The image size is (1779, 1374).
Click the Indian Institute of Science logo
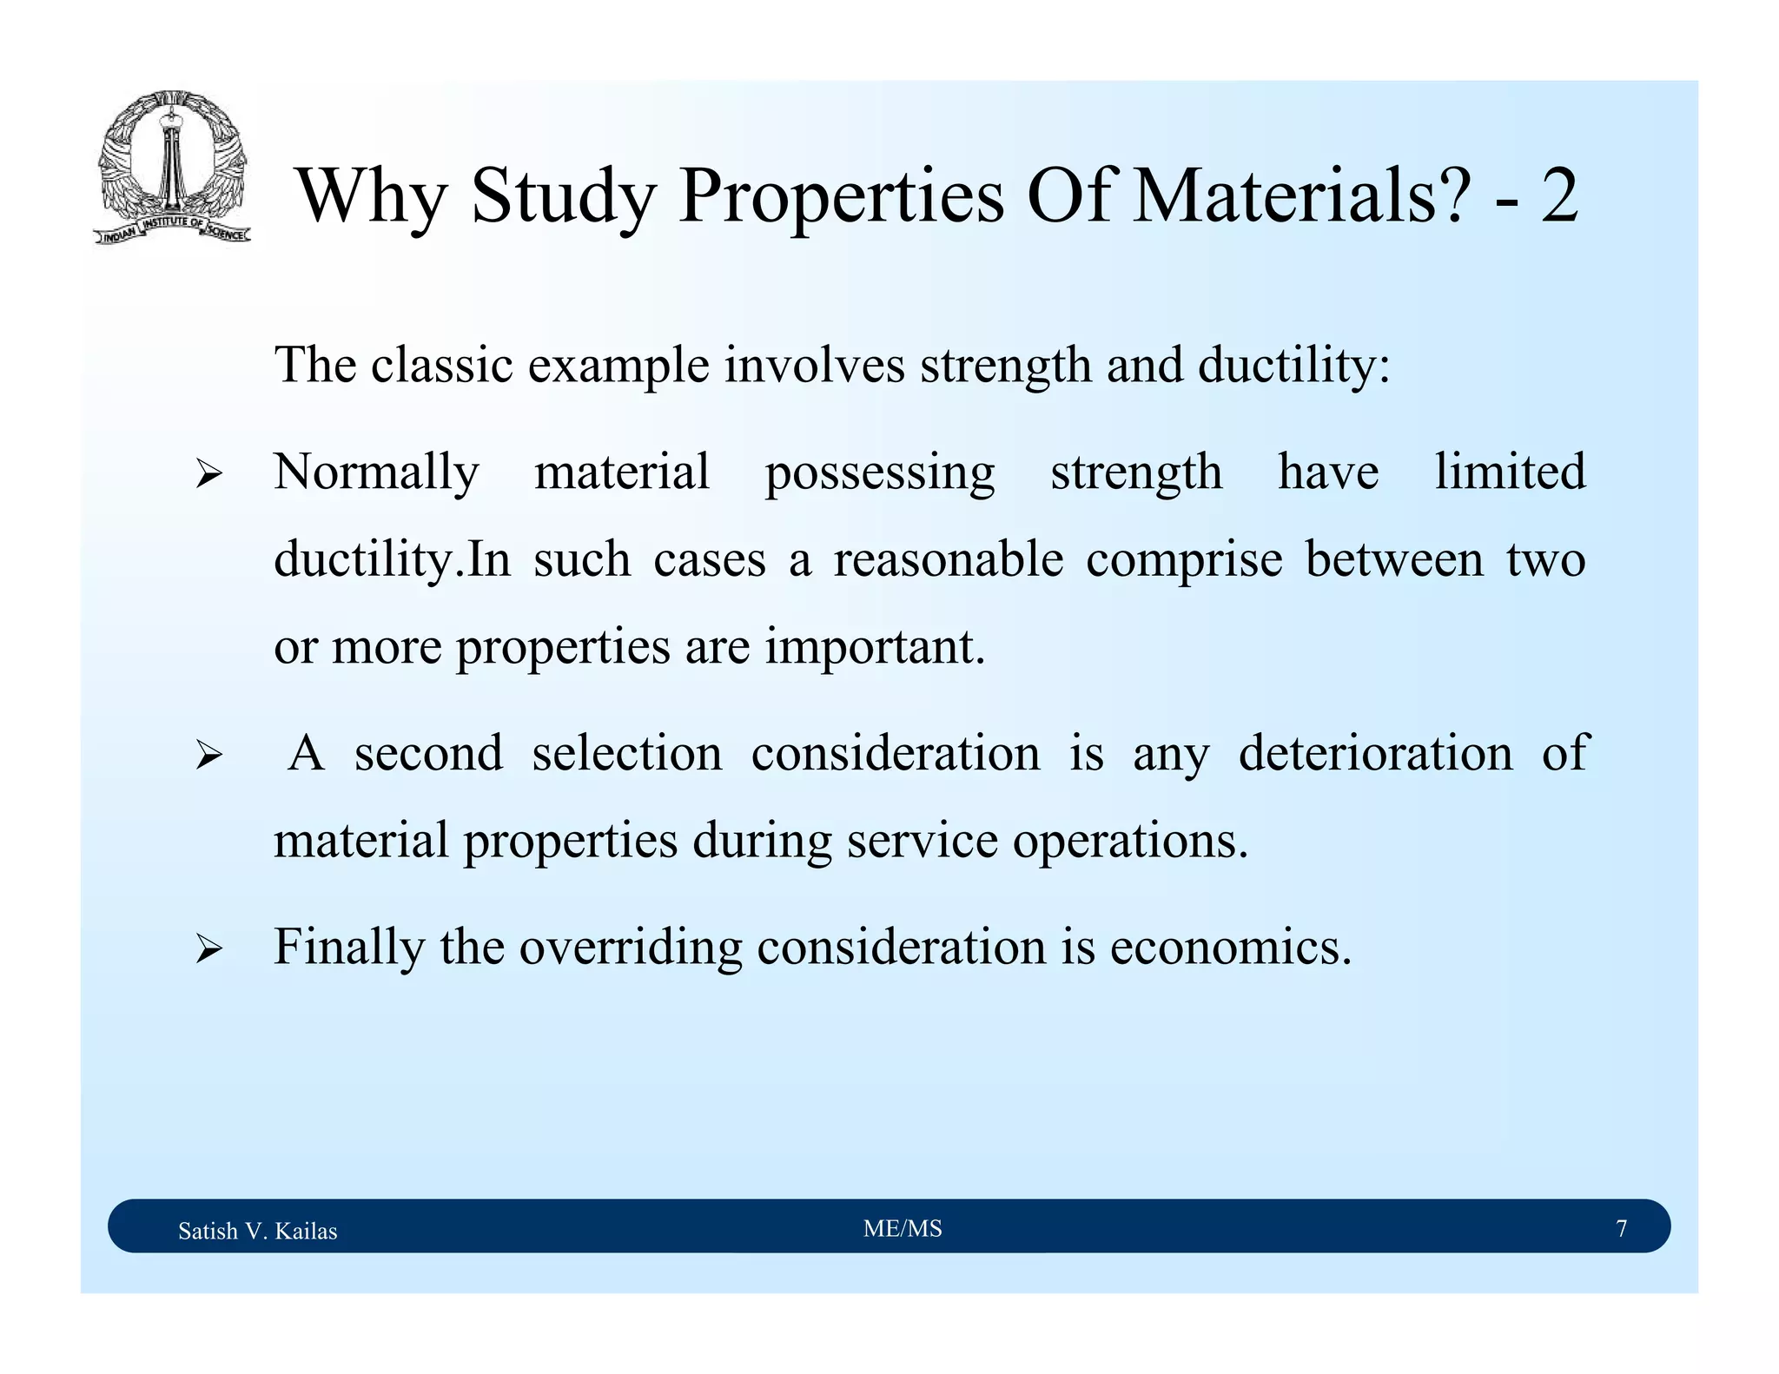(x=172, y=167)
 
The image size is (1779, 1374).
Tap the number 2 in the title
(x=1559, y=196)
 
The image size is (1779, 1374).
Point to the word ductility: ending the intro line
(x=1293, y=365)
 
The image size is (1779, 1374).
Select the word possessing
(x=879, y=473)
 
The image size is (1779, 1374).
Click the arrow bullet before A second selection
(x=208, y=755)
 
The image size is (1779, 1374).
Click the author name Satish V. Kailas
(x=257, y=1231)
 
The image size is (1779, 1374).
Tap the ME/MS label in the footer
(x=903, y=1229)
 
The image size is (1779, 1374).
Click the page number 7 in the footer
(x=1621, y=1229)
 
